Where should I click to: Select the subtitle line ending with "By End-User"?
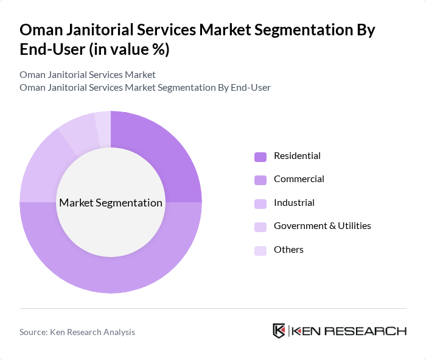point(145,87)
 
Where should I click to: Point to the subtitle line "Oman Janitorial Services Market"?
point(88,74)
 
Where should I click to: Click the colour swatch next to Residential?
point(260,157)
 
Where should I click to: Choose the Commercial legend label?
point(299,179)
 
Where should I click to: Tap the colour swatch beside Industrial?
point(260,203)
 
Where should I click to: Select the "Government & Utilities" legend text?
point(322,226)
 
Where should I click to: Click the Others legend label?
point(288,249)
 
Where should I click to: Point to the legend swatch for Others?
point(260,250)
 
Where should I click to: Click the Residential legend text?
point(297,156)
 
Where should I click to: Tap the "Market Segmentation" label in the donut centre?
point(111,203)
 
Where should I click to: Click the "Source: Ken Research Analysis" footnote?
point(77,332)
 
